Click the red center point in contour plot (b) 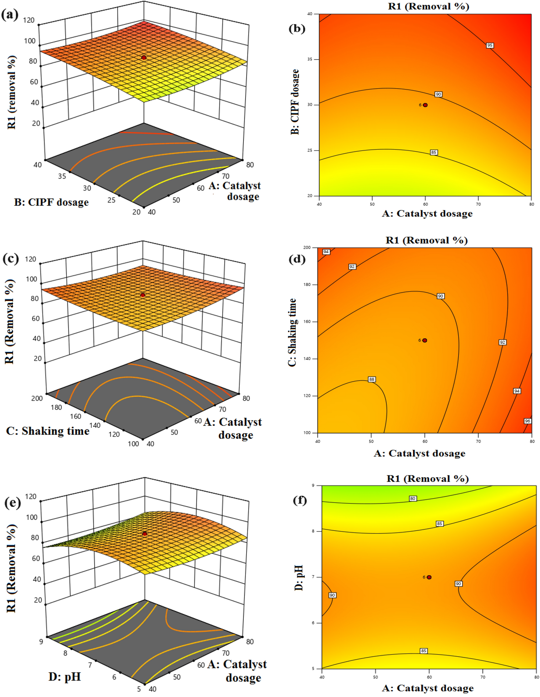pos(425,105)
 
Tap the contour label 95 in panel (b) pos(490,46)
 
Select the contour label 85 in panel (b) pos(433,152)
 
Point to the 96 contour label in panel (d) pos(527,421)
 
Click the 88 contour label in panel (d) pos(371,380)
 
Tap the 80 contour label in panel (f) pos(413,499)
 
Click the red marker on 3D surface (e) pos(145,534)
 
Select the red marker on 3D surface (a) pos(144,57)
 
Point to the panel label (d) pos(297,259)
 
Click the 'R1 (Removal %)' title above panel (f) pos(428,478)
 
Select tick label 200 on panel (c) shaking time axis pos(37,398)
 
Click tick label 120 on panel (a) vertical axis pos(29,20)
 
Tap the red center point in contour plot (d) pos(425,341)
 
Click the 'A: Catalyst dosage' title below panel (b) pos(427,213)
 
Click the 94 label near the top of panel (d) pos(326,252)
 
